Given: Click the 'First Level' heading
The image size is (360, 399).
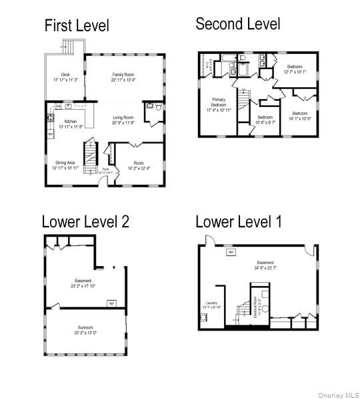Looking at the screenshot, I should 77,26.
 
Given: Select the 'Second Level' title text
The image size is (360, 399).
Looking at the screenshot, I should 237,24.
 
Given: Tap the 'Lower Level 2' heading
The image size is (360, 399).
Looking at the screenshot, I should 85,221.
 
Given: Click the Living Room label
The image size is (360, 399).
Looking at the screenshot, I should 124,117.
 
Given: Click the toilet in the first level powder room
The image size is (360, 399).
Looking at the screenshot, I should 159,106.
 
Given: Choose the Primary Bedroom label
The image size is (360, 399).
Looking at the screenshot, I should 219,103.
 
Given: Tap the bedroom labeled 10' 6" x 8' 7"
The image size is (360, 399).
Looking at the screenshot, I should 265,119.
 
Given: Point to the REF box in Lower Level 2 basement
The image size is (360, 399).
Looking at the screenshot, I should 111,303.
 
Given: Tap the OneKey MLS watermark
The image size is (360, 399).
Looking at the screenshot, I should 337,394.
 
